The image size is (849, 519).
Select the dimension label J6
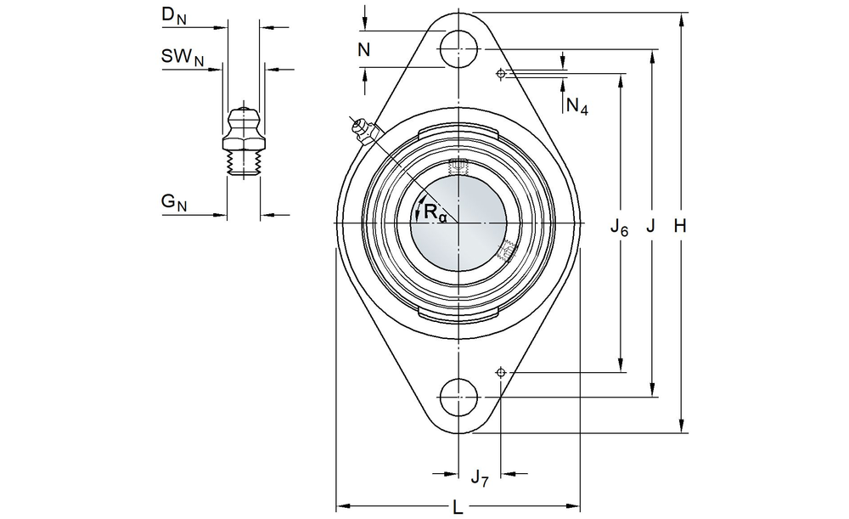click(620, 227)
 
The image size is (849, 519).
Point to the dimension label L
click(458, 507)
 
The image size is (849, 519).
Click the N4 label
click(576, 106)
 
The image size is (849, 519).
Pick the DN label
click(173, 15)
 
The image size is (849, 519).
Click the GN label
click(173, 203)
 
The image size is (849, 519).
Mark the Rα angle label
click(434, 212)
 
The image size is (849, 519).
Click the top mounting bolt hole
click(458, 48)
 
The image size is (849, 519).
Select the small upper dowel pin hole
click(501, 74)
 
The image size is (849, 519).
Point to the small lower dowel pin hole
click(501, 372)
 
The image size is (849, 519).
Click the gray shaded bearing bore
click(458, 228)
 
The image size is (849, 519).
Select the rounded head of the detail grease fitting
click(244, 115)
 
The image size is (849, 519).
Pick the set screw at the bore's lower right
click(508, 250)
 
